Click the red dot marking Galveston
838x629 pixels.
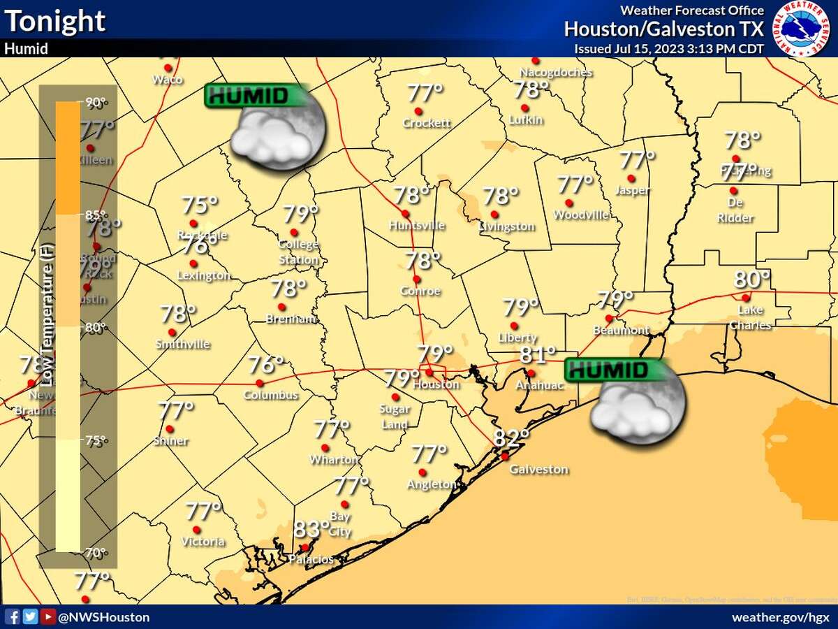(504, 456)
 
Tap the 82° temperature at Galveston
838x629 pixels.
(511, 438)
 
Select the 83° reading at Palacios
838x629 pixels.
(311, 529)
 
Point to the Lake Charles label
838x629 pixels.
(751, 317)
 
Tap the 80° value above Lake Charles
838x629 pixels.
(751, 280)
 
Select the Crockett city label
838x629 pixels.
(427, 123)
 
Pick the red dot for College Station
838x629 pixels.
(294, 233)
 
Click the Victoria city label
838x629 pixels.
(203, 542)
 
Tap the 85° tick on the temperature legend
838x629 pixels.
(96, 215)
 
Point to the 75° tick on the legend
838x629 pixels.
(96, 440)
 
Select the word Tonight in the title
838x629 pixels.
(55, 21)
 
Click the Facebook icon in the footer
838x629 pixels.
(13, 616)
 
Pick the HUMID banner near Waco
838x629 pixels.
(256, 96)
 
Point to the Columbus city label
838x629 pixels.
(271, 395)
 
